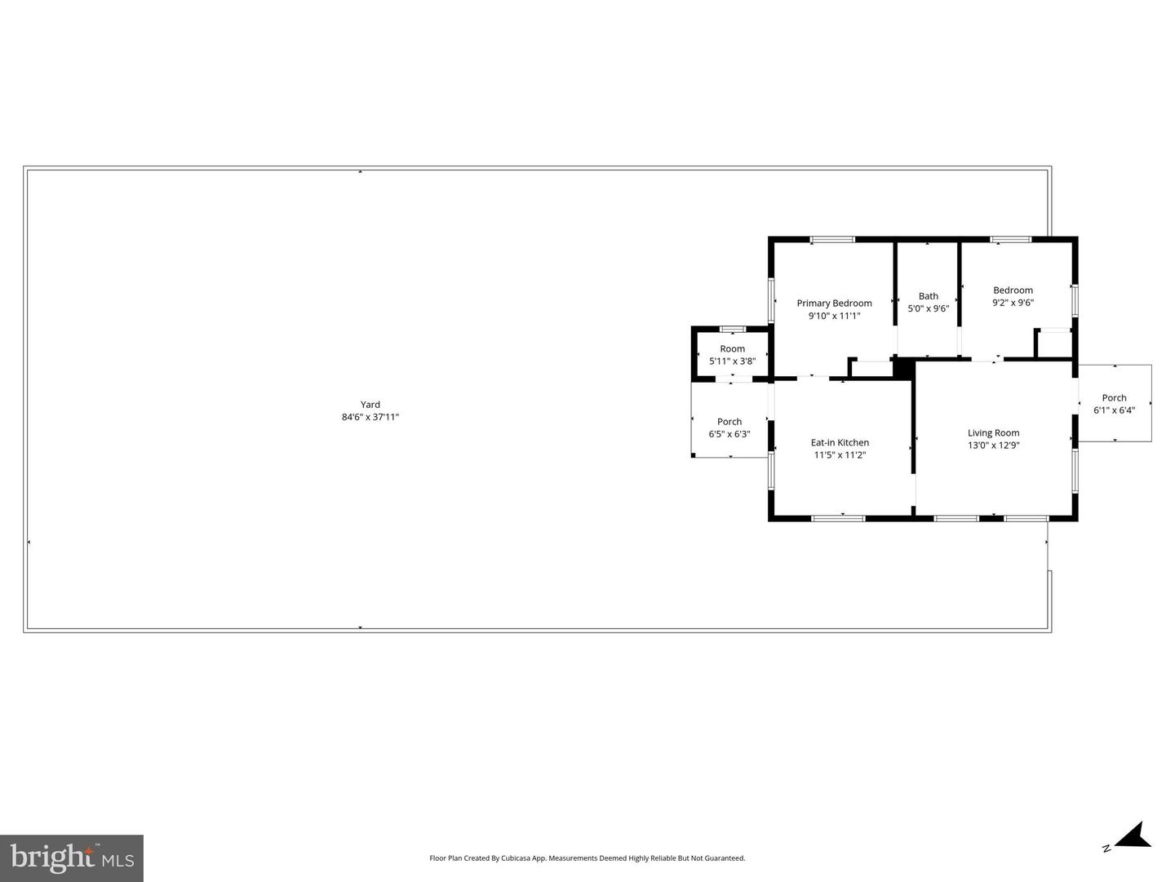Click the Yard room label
pyautogui.click(x=370, y=405)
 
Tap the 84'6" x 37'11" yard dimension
pyautogui.click(x=370, y=417)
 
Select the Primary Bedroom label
pyautogui.click(x=834, y=304)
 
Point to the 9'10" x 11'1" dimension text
pyautogui.click(x=834, y=316)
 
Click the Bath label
pyautogui.click(x=929, y=296)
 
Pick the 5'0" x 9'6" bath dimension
pyautogui.click(x=929, y=308)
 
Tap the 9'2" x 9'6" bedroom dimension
pyautogui.click(x=1013, y=303)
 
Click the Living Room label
pyautogui.click(x=993, y=433)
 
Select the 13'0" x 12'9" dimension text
pyautogui.click(x=993, y=445)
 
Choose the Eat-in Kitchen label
pyautogui.click(x=840, y=443)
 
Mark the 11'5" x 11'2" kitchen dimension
pyautogui.click(x=840, y=455)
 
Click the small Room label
pyautogui.click(x=732, y=349)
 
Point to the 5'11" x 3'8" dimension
pyautogui.click(x=732, y=361)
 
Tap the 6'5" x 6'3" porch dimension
pyautogui.click(x=729, y=434)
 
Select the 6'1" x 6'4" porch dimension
pyautogui.click(x=1114, y=410)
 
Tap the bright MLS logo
pyautogui.click(x=72, y=858)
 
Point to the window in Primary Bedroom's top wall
pyautogui.click(x=832, y=240)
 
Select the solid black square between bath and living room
pyautogui.click(x=903, y=367)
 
